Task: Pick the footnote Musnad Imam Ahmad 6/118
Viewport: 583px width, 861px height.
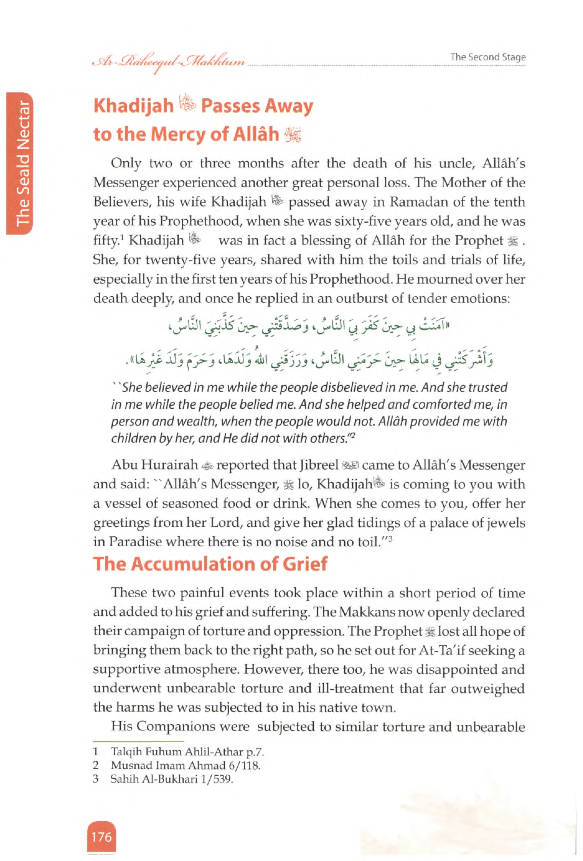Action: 185,766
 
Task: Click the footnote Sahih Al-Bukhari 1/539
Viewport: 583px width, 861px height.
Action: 172,779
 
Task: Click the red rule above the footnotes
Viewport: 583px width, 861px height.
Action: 138,741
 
